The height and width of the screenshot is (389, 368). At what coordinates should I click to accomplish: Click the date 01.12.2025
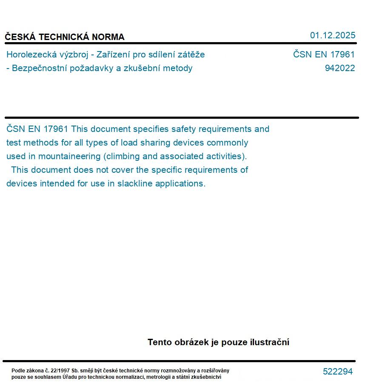click(332, 35)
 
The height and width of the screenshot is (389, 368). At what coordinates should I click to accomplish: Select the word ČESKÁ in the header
click(20, 37)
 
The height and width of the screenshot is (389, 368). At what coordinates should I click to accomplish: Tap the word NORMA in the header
click(108, 37)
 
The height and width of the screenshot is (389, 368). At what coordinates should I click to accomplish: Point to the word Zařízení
click(115, 54)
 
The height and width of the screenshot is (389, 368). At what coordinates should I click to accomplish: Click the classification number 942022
click(339, 68)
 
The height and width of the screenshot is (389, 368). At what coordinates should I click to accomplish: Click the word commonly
click(227, 143)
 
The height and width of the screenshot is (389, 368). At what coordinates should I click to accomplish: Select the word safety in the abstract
click(183, 129)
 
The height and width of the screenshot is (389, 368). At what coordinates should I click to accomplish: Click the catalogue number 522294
click(338, 372)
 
